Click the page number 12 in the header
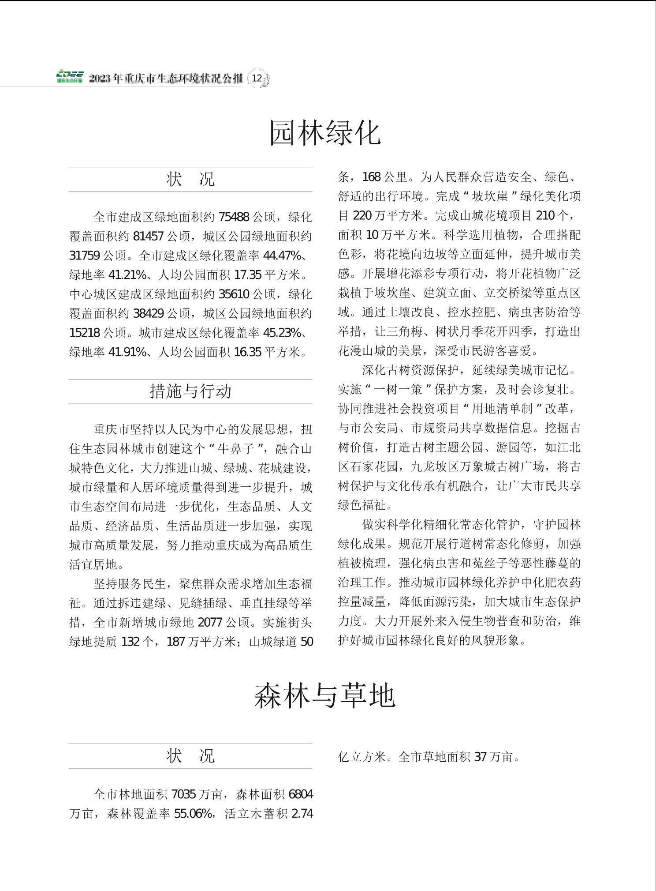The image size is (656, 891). click(257, 79)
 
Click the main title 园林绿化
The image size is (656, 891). click(325, 132)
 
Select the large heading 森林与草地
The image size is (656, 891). click(325, 696)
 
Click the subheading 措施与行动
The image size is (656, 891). click(190, 391)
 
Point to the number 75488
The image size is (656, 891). click(234, 217)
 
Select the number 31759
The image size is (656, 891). click(85, 256)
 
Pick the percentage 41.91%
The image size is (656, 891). click(127, 352)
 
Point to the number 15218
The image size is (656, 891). click(85, 333)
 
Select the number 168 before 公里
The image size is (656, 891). click(371, 177)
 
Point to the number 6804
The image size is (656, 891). click(301, 795)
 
